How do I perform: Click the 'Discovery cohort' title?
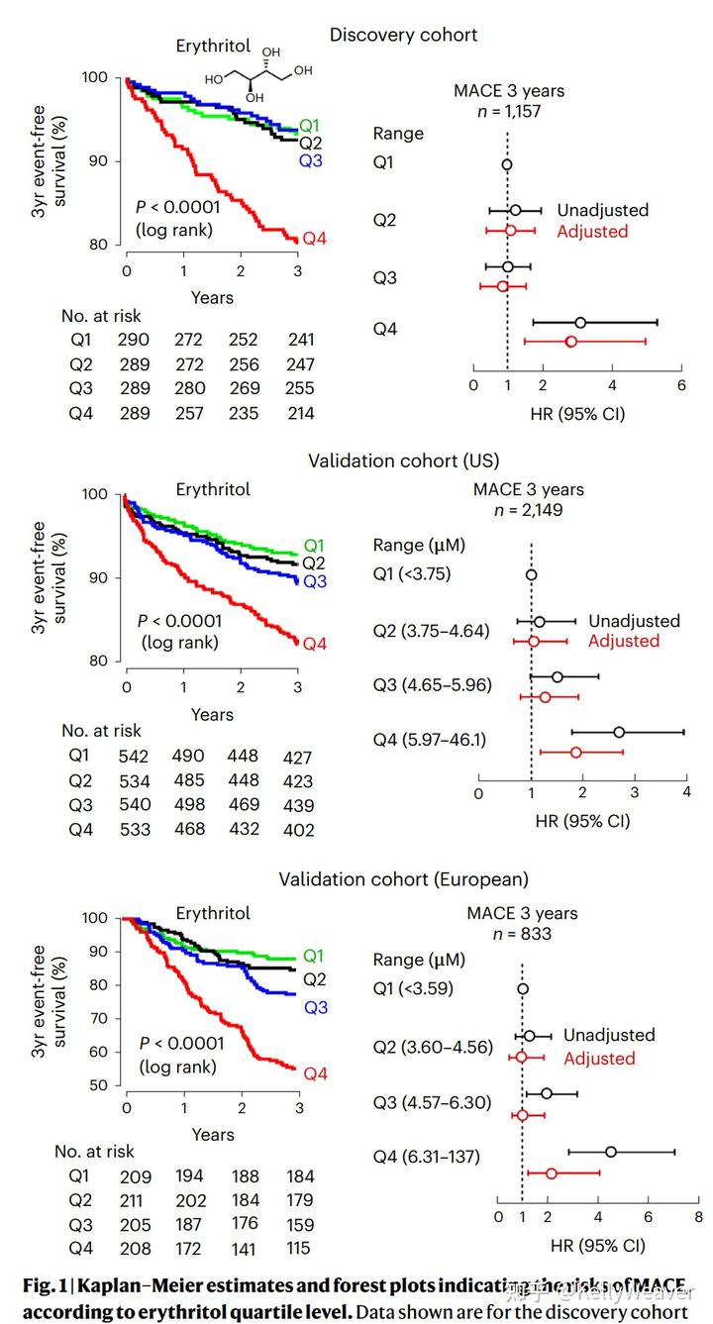403,35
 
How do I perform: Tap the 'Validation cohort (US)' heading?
403,460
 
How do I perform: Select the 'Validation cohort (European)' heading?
403,879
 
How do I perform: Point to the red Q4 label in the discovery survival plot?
314,238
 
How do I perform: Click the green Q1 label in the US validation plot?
314,545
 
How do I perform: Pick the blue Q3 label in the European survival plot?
315,1008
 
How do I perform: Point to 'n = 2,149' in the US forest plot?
528,511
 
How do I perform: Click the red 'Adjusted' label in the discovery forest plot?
592,232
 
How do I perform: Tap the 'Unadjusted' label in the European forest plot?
609,1035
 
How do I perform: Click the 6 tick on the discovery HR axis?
681,384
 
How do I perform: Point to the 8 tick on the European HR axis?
698,1216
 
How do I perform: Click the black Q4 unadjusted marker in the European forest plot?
611,1152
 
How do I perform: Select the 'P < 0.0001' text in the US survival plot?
178,621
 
